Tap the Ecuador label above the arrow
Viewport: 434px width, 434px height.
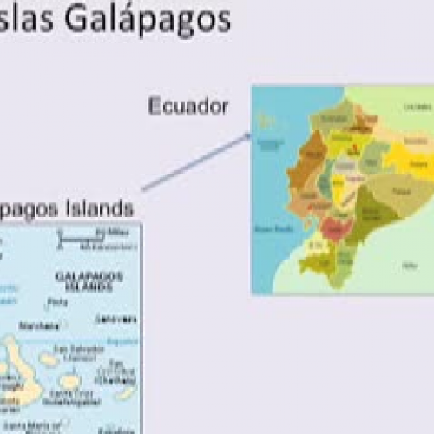188,107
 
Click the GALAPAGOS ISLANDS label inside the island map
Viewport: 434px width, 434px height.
89,280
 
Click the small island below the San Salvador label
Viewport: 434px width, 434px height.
69,379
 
